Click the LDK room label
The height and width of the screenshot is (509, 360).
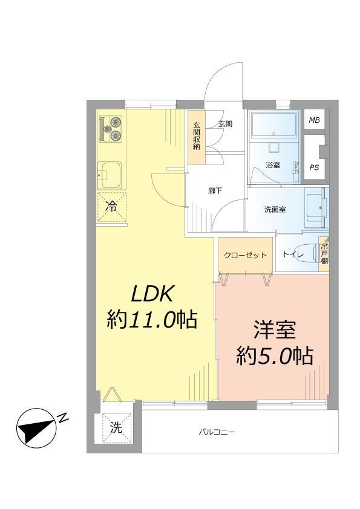153,294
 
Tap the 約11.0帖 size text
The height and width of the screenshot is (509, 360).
152,319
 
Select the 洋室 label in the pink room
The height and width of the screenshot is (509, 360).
273,331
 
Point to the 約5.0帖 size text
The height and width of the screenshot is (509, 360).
273,356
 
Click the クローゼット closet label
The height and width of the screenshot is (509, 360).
245,255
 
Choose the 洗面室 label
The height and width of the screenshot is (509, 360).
275,210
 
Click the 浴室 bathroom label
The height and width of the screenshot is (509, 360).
272,165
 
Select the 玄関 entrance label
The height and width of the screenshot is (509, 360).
225,124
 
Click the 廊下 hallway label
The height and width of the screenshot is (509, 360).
215,191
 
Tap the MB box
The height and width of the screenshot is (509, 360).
314,120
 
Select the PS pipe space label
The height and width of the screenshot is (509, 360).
314,167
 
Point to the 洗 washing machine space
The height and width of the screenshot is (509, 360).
116,428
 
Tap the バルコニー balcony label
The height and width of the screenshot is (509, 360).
216,432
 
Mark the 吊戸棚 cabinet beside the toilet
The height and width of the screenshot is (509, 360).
325,254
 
